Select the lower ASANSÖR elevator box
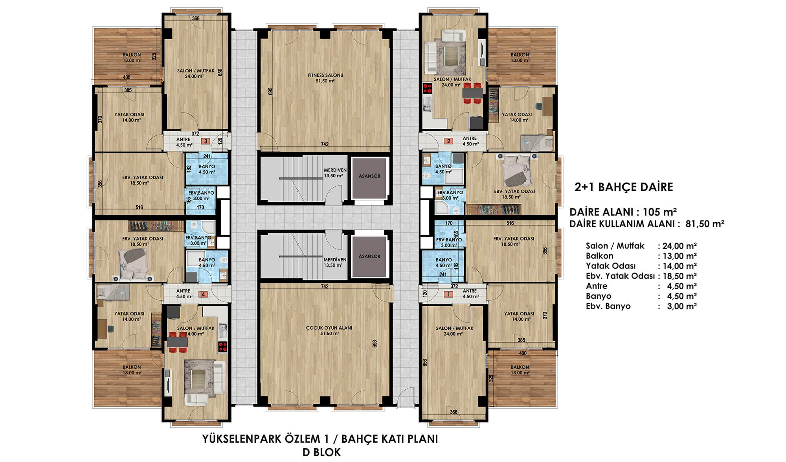(x=369, y=256)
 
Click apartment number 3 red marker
(x=205, y=141)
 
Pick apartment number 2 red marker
(x=448, y=141)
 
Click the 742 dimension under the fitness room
(x=324, y=144)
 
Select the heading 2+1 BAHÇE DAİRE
(x=624, y=187)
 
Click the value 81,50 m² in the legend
(x=705, y=224)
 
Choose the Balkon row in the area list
(x=641, y=256)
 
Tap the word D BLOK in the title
(x=321, y=452)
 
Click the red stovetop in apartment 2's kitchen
(x=427, y=88)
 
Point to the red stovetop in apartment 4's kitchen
(x=223, y=347)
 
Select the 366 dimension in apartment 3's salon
(x=195, y=18)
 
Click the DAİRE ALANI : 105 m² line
(x=623, y=212)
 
